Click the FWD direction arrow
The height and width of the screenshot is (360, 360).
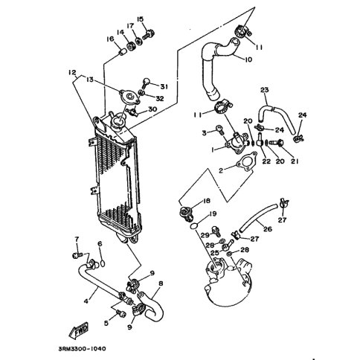[79, 331]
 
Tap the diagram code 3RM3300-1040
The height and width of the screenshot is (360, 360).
[82, 349]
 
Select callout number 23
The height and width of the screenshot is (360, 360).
[265, 90]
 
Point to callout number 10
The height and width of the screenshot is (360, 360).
[248, 60]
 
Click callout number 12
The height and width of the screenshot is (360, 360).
[72, 72]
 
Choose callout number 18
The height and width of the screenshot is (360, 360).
[206, 200]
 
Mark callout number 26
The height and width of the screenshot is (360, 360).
[268, 228]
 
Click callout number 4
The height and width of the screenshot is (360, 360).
[86, 301]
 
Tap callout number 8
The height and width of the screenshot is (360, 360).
[161, 283]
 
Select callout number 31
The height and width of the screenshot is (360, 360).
[164, 86]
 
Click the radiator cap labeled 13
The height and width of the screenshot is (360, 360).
[129, 97]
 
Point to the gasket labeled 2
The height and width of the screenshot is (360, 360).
[246, 163]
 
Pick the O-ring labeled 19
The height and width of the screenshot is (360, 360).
[194, 226]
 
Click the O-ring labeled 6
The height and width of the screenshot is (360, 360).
[103, 263]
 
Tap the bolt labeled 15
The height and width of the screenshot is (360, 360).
[149, 35]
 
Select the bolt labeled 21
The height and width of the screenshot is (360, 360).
[276, 143]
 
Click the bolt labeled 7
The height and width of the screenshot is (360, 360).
[77, 255]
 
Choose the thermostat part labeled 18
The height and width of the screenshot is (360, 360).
[187, 213]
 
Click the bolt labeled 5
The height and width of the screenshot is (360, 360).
[120, 313]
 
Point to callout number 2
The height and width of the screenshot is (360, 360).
[221, 170]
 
